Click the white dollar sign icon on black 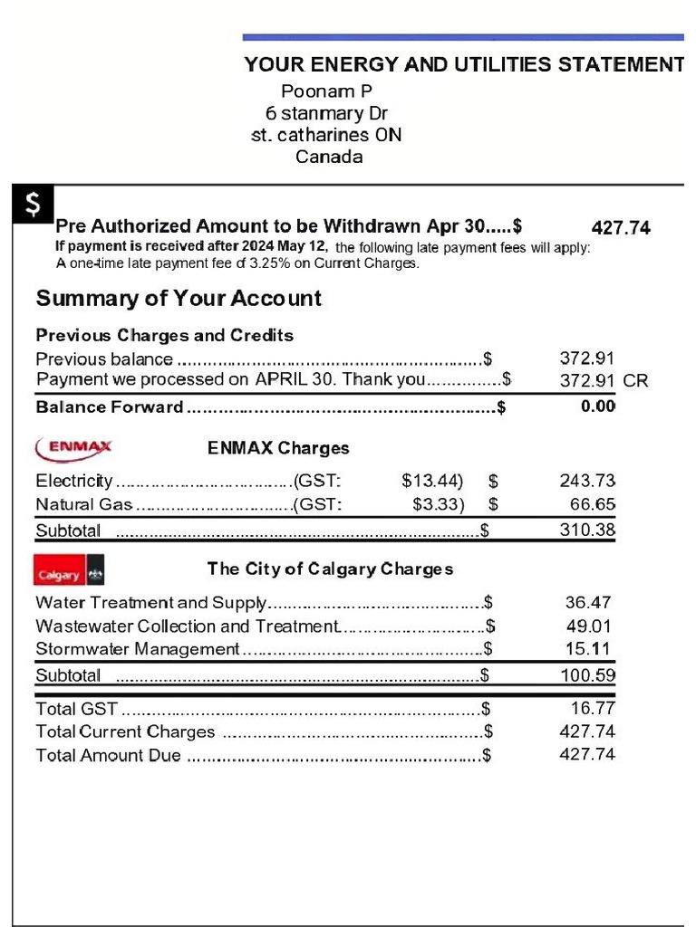pos(33,205)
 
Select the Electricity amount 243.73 pos(587,480)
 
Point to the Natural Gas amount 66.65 pos(593,504)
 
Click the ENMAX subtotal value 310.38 pos(587,530)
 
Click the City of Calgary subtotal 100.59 pos(587,674)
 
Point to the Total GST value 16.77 pos(593,708)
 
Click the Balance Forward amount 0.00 pos(597,406)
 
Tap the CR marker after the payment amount pos(636,381)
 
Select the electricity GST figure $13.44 pos(431,480)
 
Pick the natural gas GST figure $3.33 pos(438,504)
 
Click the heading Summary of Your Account pos(179,299)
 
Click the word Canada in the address pos(329,157)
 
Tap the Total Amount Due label pos(108,755)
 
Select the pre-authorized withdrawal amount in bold pos(621,228)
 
